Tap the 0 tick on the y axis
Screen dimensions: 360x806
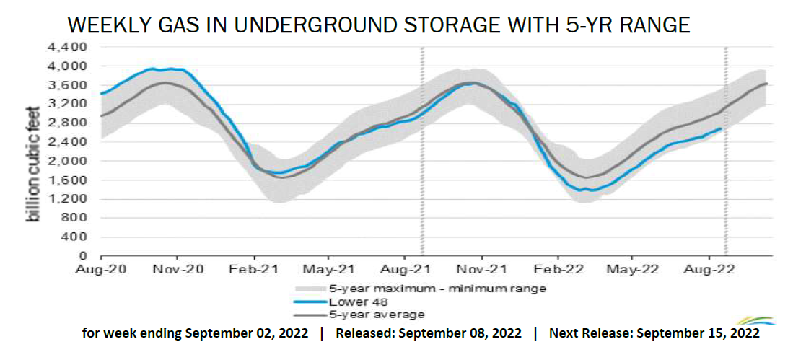coord(83,256)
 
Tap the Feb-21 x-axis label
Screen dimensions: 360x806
coord(253,269)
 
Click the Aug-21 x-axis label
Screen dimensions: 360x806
coord(404,269)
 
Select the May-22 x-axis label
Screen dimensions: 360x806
coord(632,269)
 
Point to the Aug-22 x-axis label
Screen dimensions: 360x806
coord(708,269)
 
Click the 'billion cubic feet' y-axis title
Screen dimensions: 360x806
coord(34,151)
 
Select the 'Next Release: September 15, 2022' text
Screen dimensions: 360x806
coord(654,334)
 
